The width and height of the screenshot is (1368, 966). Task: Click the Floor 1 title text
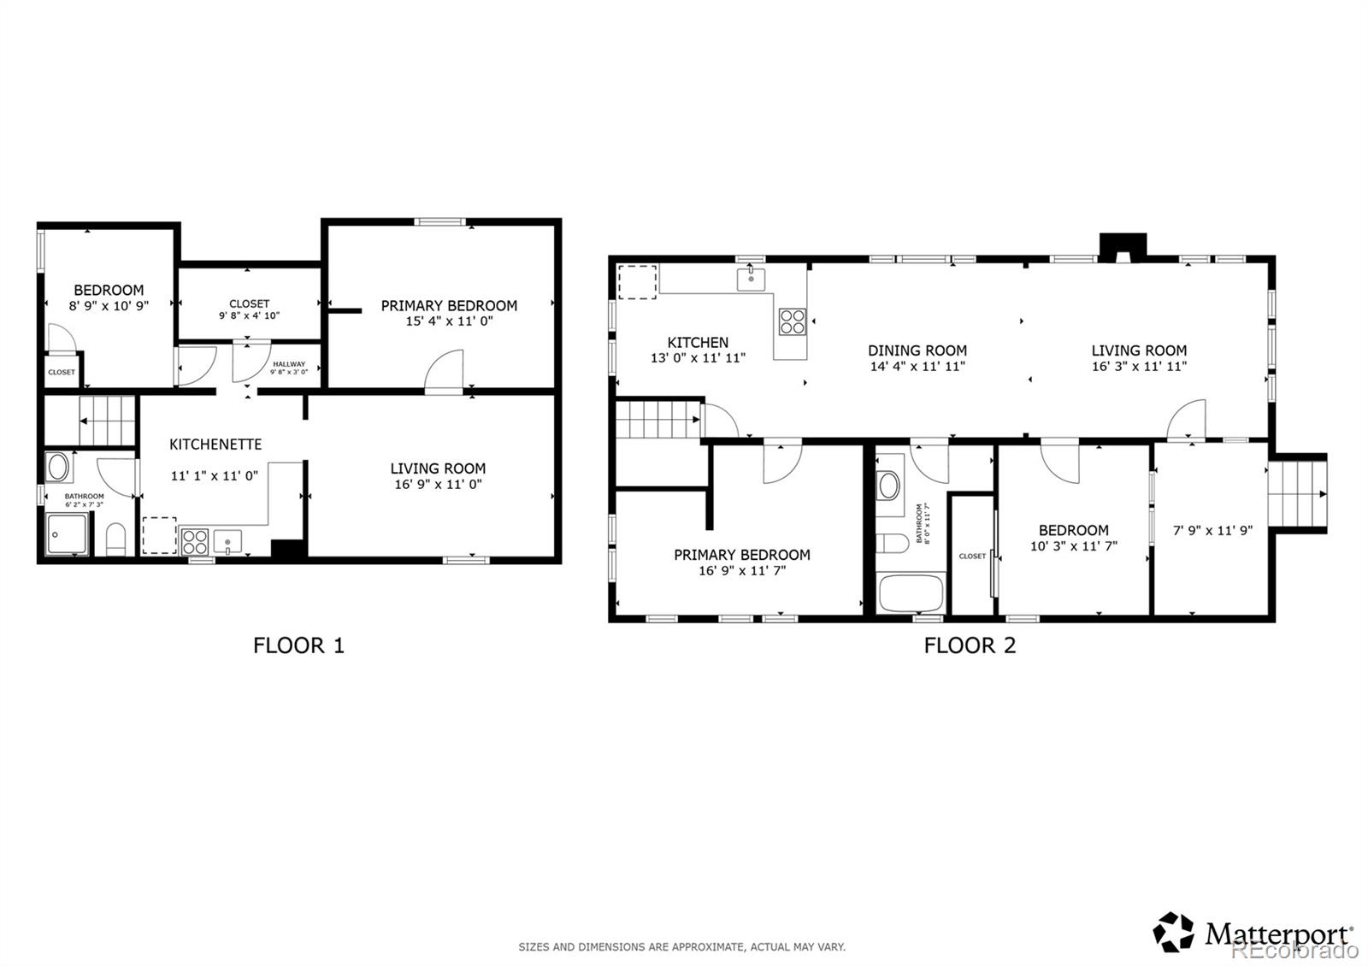[x=298, y=645]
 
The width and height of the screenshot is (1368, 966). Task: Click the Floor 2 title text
[x=970, y=645]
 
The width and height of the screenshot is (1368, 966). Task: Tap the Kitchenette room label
[x=215, y=445]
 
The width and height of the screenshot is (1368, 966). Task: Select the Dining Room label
[x=917, y=350]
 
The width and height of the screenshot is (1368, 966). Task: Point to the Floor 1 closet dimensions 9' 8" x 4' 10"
[x=250, y=315]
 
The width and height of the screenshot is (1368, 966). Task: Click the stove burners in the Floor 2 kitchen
[x=792, y=321]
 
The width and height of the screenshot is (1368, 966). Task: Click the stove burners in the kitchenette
[x=195, y=542]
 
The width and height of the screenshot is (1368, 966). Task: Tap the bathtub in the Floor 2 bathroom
[x=911, y=592]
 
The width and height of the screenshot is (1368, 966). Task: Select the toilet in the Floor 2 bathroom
[x=893, y=545]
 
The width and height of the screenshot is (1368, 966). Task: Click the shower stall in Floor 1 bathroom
[x=67, y=535]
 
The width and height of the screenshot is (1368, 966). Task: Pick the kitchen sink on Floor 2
[x=752, y=278]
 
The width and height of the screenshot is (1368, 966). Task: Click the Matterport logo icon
[x=1174, y=932]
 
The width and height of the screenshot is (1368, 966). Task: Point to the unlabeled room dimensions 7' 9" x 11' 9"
[x=1212, y=530]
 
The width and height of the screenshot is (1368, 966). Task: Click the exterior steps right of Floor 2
[x=1296, y=494]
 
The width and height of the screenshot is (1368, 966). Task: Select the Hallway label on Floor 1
[x=289, y=364]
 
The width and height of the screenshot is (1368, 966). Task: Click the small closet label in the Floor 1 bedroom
[x=62, y=373]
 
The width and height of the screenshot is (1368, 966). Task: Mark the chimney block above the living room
[x=1121, y=246]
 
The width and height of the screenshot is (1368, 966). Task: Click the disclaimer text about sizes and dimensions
[x=681, y=946]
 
